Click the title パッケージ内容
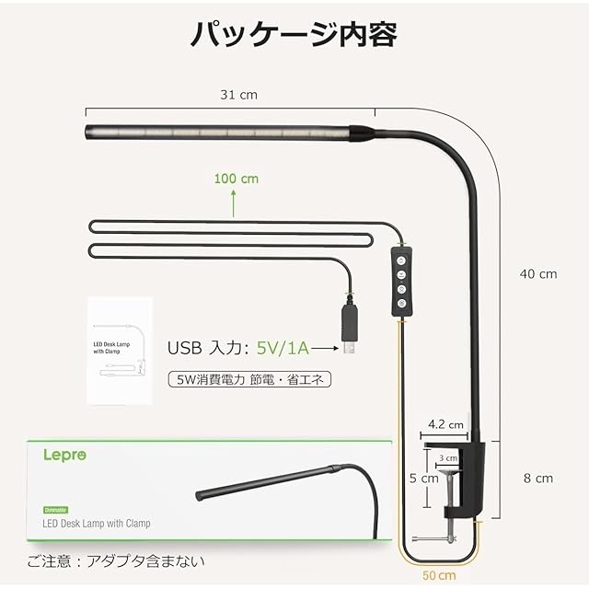point(294,34)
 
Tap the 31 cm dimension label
point(237,95)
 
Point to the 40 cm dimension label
point(537,273)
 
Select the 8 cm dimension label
point(538,478)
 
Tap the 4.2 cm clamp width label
point(445,425)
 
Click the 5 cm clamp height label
point(424,479)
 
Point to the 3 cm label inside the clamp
point(448,457)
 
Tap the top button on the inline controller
point(402,260)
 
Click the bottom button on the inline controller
point(402,302)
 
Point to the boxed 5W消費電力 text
point(249,378)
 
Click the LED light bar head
point(221,132)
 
